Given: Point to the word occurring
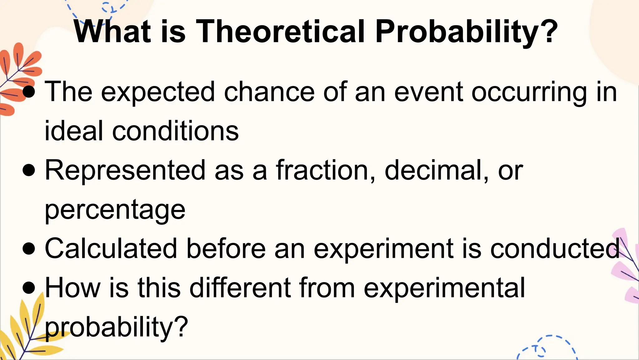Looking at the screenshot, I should coord(529,92).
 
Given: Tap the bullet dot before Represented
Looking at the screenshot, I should coord(29,171).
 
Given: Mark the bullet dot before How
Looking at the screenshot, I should coord(29,288).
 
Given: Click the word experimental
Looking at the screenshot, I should coord(444,288).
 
